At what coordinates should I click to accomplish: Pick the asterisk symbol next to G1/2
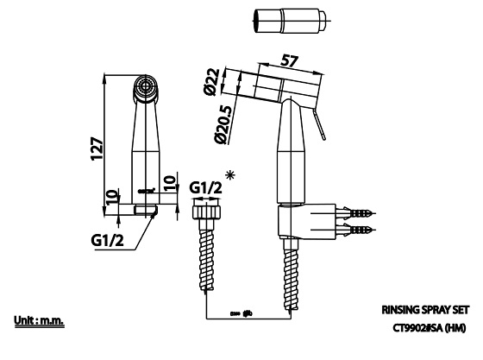point(230,176)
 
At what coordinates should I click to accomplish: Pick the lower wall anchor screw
point(359,231)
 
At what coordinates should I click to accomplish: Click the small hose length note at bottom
point(241,313)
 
